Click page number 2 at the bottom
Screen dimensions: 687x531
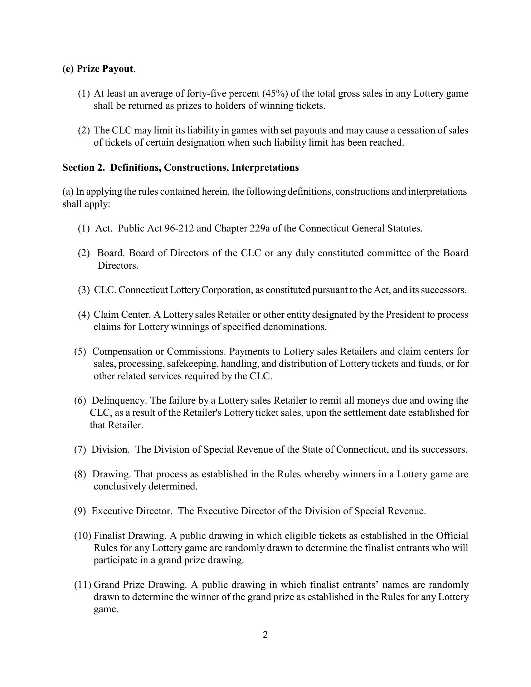[265, 635]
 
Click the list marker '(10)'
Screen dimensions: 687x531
[83, 536]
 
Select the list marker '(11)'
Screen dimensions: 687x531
[83, 585]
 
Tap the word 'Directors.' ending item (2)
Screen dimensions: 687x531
[118, 266]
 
